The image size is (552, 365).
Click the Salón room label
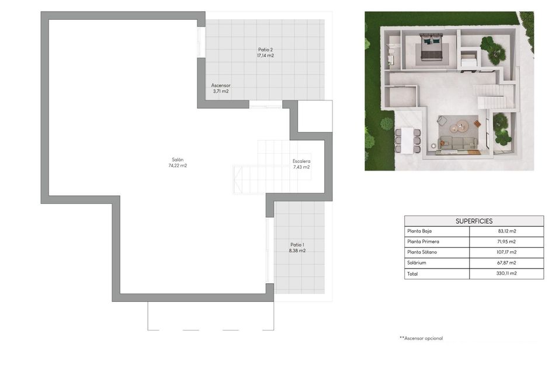tap(178, 159)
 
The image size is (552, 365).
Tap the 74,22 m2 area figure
tap(178, 166)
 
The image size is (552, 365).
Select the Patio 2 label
tap(266, 50)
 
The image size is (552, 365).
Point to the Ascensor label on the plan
tap(220, 85)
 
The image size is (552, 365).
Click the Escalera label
tap(301, 161)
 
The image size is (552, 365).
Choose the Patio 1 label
tap(297, 245)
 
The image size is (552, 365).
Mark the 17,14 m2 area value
tap(266, 56)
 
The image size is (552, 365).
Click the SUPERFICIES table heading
tap(474, 221)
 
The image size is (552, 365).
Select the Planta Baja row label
tap(419, 231)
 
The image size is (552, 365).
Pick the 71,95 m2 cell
tap(506, 242)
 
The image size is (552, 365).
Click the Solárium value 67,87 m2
tap(506, 263)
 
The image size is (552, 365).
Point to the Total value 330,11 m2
tap(506, 273)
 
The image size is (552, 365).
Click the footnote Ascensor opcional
tap(421, 338)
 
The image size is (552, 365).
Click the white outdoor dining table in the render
tap(407, 140)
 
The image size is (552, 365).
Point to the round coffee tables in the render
tap(463, 125)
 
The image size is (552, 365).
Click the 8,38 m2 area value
tap(297, 251)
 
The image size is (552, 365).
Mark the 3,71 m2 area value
tap(220, 92)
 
